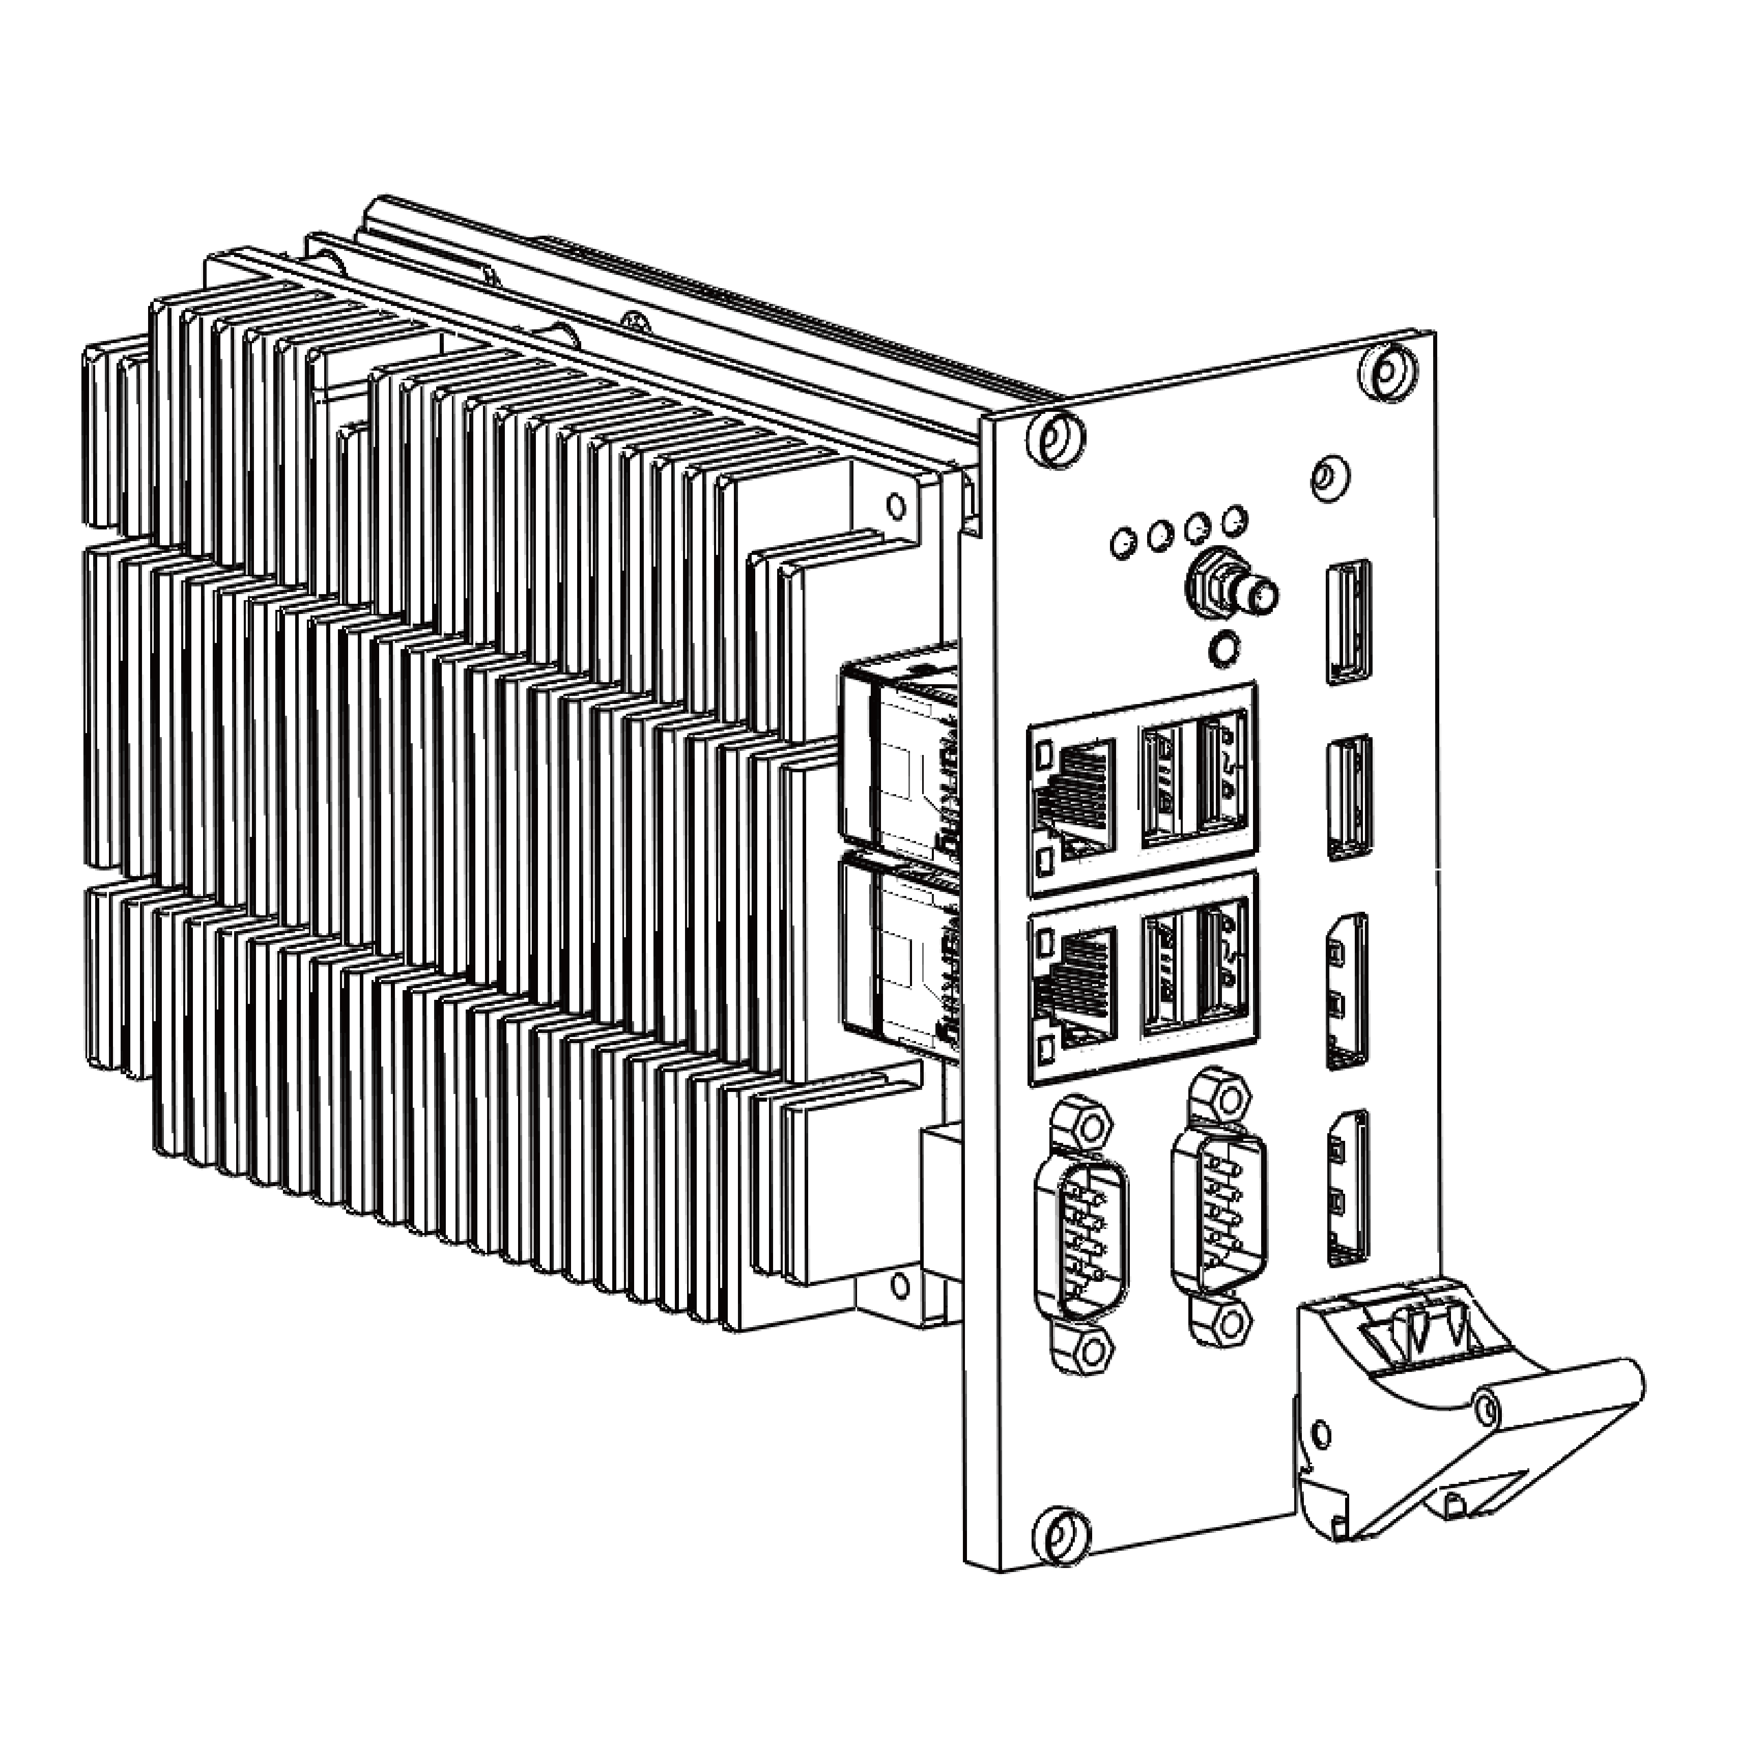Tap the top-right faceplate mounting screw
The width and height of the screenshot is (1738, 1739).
[x=1387, y=371]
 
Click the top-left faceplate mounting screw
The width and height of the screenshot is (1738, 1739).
[x=1055, y=438]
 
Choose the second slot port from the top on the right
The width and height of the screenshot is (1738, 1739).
[x=1349, y=797]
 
